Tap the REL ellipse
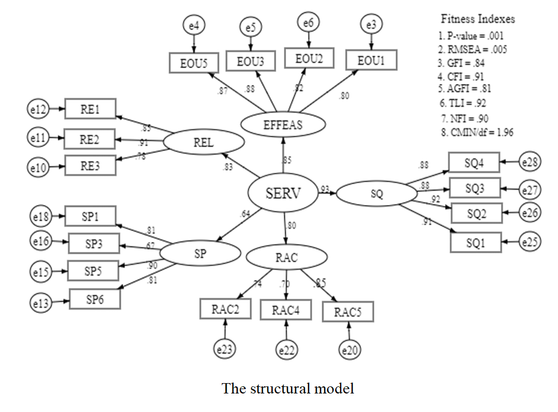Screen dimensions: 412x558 pos(203,143)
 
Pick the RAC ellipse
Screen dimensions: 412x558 pos(287,258)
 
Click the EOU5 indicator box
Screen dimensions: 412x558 pos(193,63)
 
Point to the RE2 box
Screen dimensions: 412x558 pos(89,140)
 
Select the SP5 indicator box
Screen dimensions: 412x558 pos(93,270)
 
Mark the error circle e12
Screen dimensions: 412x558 pos(39,110)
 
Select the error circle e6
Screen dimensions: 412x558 pos(308,22)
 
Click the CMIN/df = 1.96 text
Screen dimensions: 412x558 pos(477,132)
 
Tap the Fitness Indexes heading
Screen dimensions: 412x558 pos(477,20)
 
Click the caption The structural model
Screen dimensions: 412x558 pos(287,389)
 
